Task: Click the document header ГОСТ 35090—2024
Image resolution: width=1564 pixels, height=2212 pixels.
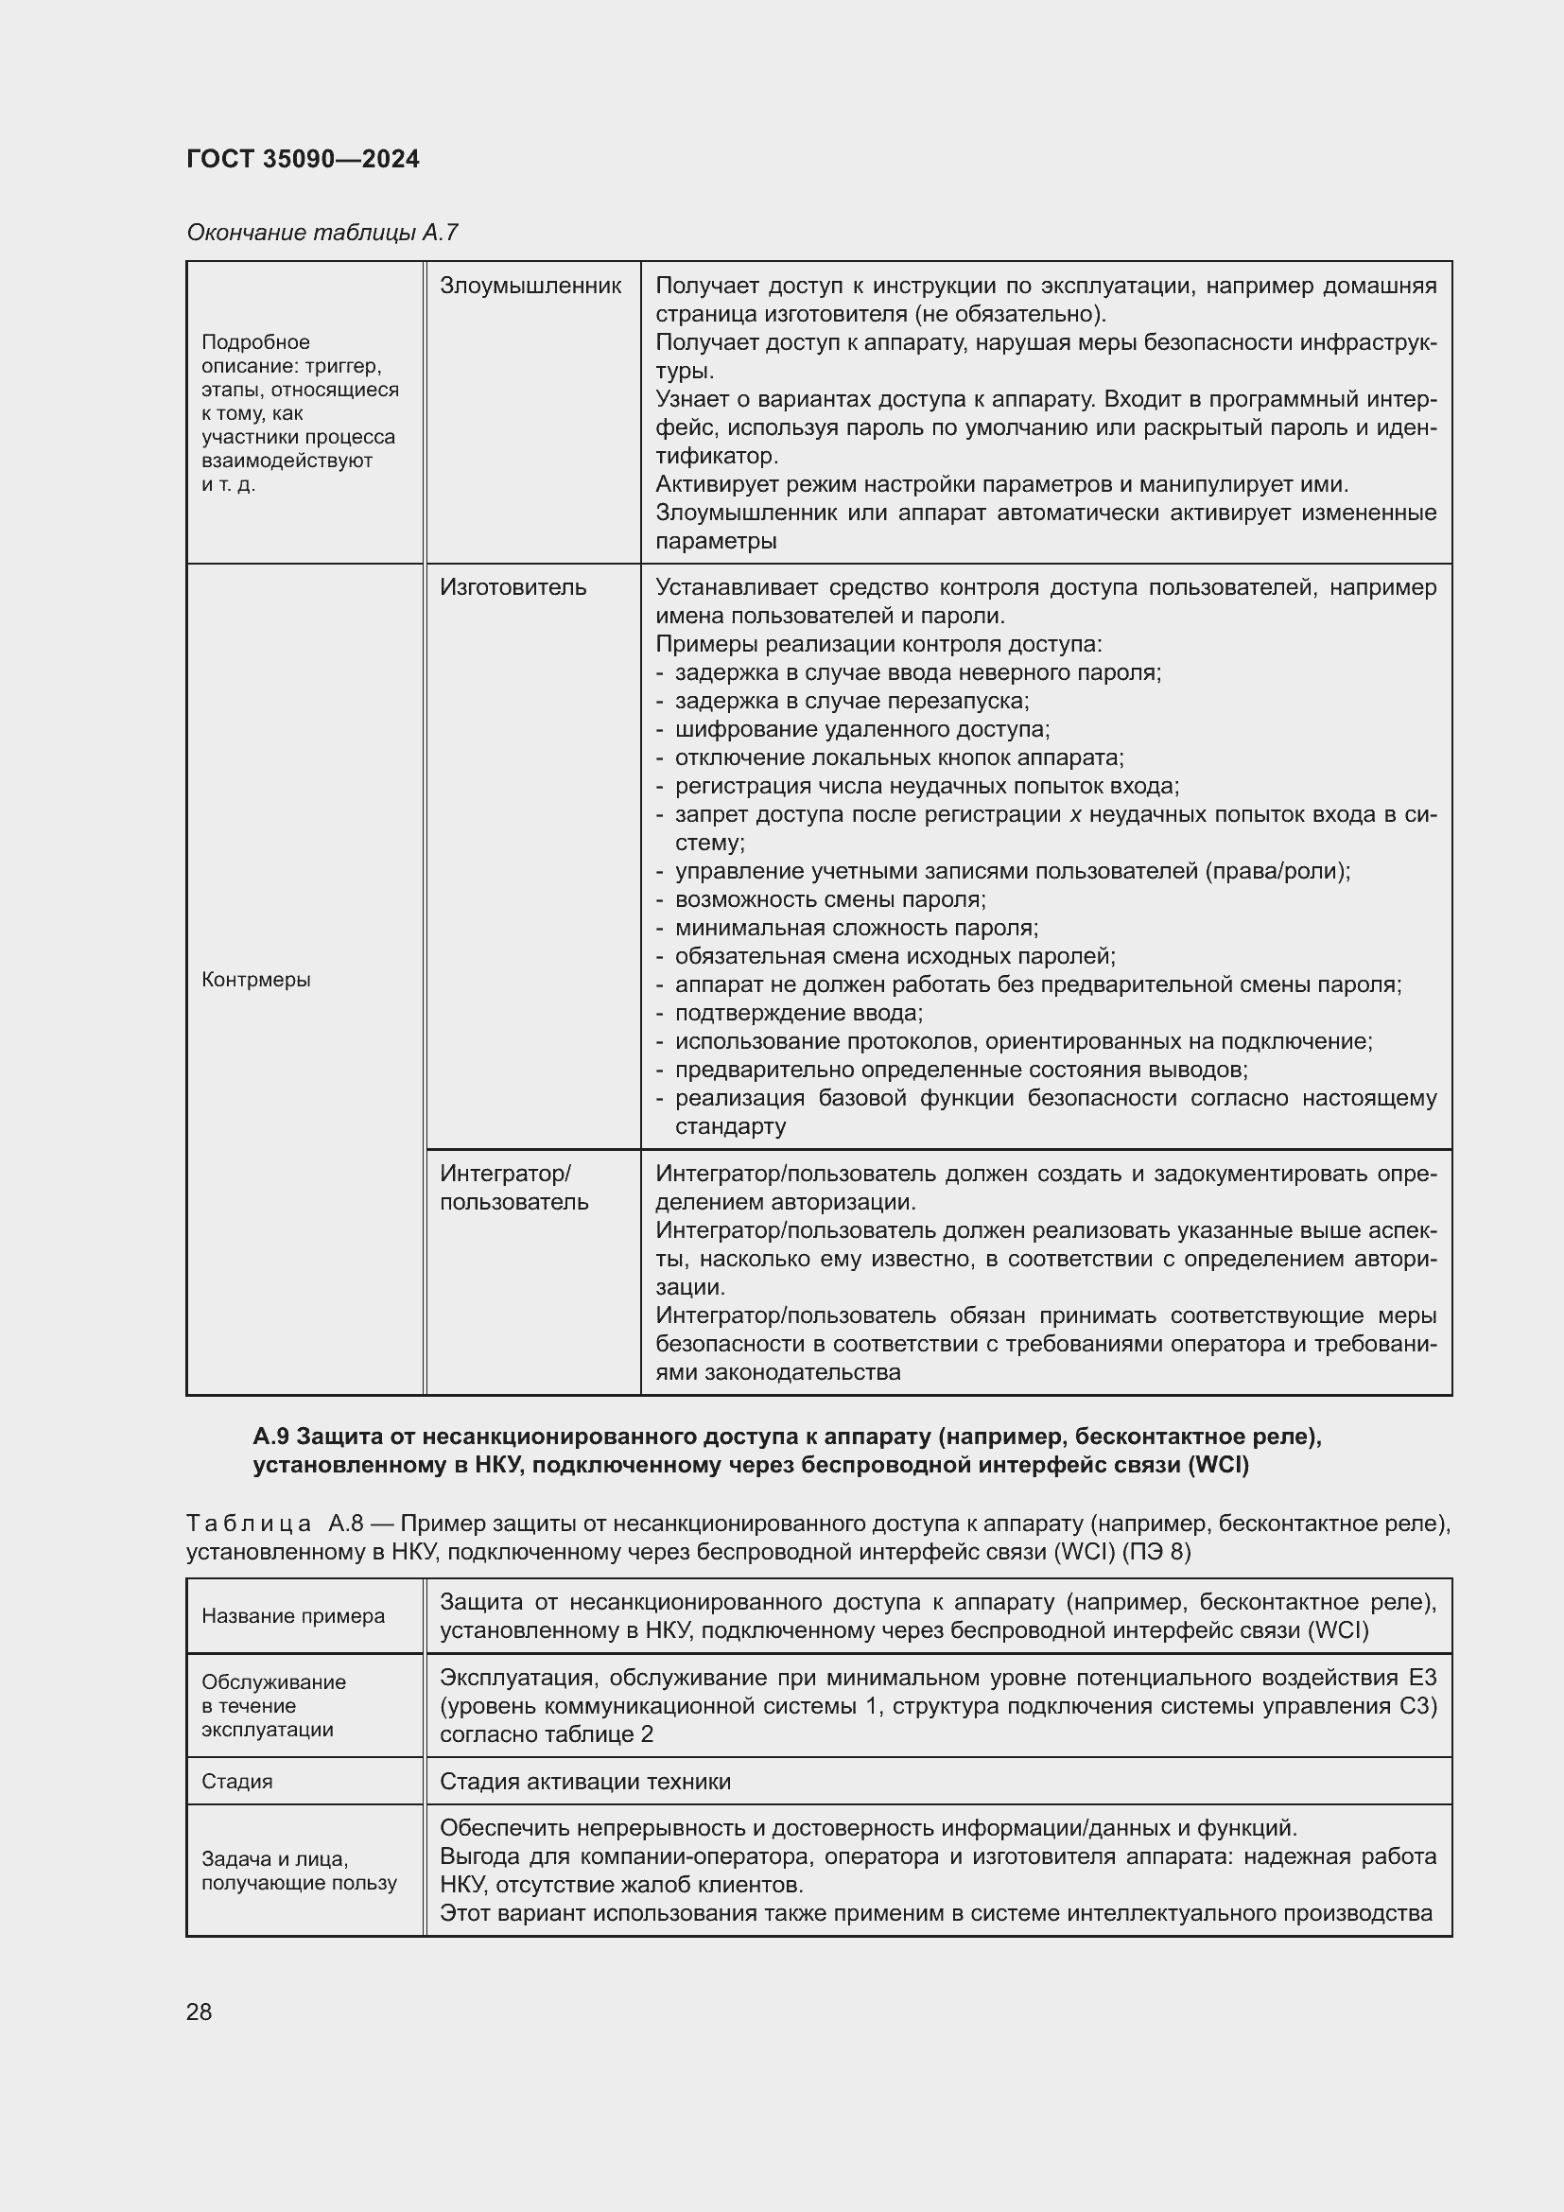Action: (303, 159)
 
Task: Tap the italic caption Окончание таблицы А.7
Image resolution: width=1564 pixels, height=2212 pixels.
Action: (321, 233)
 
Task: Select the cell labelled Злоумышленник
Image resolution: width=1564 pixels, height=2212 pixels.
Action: (530, 286)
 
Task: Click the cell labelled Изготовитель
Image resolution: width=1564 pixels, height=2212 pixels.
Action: (513, 586)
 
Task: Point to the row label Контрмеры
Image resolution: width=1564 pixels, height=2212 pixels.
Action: (256, 980)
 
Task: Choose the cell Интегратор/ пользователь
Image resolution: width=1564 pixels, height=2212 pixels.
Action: (513, 1187)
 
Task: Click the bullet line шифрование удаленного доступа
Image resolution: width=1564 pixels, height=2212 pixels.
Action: (862, 728)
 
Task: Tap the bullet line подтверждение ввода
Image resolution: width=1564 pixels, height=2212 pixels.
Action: (798, 1013)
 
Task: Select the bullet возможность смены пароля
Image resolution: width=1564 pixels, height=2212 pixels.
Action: (830, 898)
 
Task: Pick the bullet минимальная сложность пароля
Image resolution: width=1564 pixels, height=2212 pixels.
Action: (856, 928)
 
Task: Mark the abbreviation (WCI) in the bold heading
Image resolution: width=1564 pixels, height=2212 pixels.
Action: (1218, 1465)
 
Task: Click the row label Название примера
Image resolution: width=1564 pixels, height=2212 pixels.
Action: (293, 1615)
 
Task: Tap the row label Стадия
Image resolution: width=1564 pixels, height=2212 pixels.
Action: (237, 1782)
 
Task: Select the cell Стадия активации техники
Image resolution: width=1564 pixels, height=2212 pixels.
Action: (584, 1782)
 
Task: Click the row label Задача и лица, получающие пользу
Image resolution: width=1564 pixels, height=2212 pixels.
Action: (299, 1871)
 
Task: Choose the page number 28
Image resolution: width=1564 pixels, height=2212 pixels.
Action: (200, 2012)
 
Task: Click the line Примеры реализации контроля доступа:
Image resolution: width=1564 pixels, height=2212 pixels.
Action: (878, 644)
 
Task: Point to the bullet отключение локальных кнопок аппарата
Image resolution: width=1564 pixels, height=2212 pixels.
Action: (898, 758)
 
